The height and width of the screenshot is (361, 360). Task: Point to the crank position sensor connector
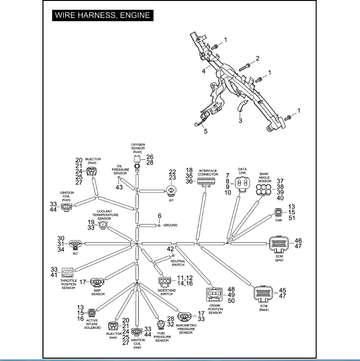pyautogui.click(x=215, y=295)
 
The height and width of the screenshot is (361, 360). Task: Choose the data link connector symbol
pyautogui.click(x=242, y=186)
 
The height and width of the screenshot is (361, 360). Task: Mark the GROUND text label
pyautogui.click(x=171, y=225)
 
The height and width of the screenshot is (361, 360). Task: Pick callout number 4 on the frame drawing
pyautogui.click(x=204, y=71)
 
